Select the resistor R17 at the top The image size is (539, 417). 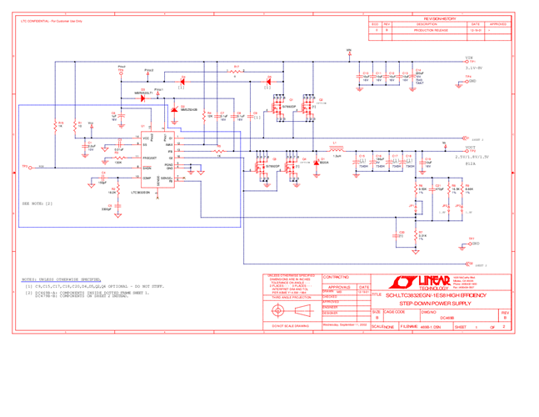click(237, 72)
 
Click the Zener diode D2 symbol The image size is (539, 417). click(174, 110)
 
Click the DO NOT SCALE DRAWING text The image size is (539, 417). click(288, 325)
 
